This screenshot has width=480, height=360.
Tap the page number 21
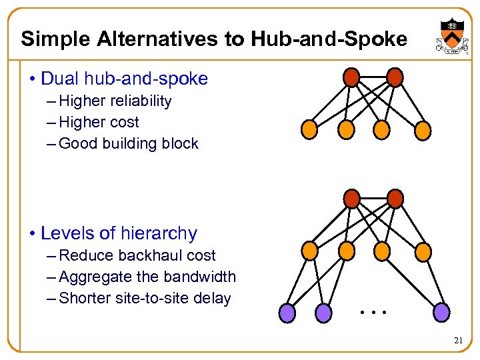(458, 341)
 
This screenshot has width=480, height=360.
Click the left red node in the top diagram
(351, 77)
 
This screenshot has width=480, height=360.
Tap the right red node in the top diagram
(395, 77)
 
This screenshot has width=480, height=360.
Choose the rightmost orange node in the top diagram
(423, 129)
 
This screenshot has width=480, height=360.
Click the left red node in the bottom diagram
(351, 198)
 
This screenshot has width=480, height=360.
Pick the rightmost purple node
(441, 311)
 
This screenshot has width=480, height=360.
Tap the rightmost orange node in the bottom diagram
(423, 250)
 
